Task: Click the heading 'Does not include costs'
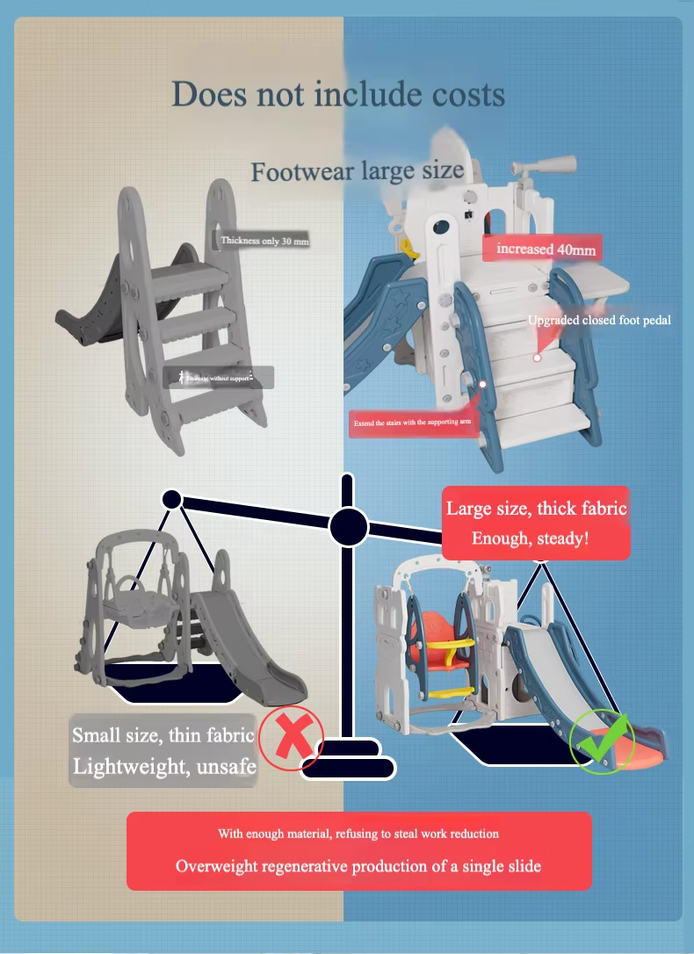click(338, 94)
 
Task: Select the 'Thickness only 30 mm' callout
click(264, 240)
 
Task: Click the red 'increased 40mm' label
click(545, 249)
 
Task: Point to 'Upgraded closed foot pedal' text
click(599, 320)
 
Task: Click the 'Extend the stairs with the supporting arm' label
click(413, 423)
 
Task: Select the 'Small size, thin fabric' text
click(163, 735)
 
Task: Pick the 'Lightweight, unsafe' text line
click(164, 766)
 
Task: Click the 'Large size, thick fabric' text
click(536, 508)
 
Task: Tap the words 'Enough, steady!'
click(530, 538)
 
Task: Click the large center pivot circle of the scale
click(348, 527)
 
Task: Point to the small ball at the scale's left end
click(171, 499)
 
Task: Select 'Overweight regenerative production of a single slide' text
click(358, 866)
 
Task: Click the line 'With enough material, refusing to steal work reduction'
click(358, 833)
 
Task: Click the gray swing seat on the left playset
click(141, 606)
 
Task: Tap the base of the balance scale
click(348, 760)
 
